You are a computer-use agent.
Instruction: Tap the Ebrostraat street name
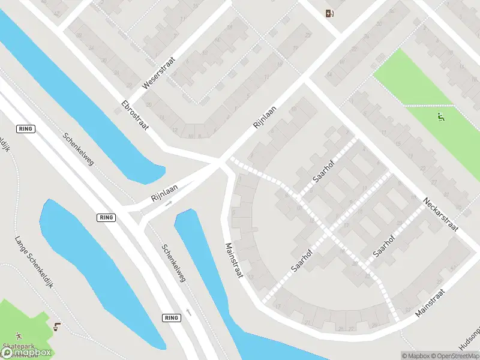(x=134, y=113)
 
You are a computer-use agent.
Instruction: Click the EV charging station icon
(x=329, y=13)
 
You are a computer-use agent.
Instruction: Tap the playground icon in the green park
(x=442, y=116)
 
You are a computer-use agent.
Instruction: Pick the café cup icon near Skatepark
(x=56, y=327)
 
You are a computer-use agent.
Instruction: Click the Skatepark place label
(x=18, y=347)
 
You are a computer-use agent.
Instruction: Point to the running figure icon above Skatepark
(x=19, y=335)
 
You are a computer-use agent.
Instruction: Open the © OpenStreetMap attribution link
(x=455, y=355)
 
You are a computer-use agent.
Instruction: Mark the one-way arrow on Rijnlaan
(x=169, y=203)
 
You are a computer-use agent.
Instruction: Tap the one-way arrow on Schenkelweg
(x=189, y=312)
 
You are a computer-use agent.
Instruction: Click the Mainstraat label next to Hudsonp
(x=430, y=302)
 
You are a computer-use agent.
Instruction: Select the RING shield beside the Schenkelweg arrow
(x=171, y=317)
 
